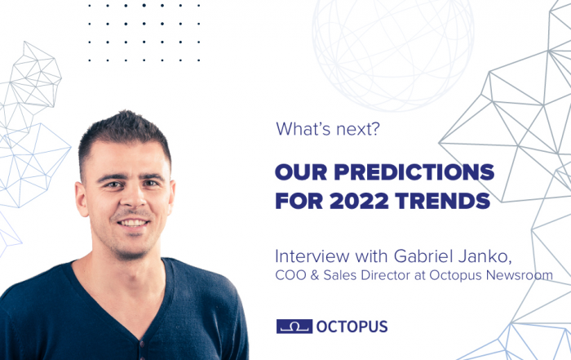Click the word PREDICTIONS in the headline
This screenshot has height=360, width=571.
(414, 172)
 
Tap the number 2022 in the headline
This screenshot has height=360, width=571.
(359, 201)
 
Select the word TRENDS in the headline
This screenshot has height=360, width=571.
(443, 201)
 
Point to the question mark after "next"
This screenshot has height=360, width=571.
(375, 129)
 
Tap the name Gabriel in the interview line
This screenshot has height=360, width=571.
(423, 256)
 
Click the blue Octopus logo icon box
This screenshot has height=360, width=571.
(294, 326)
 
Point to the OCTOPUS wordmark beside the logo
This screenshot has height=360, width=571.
(352, 327)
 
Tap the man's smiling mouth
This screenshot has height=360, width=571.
(133, 222)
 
